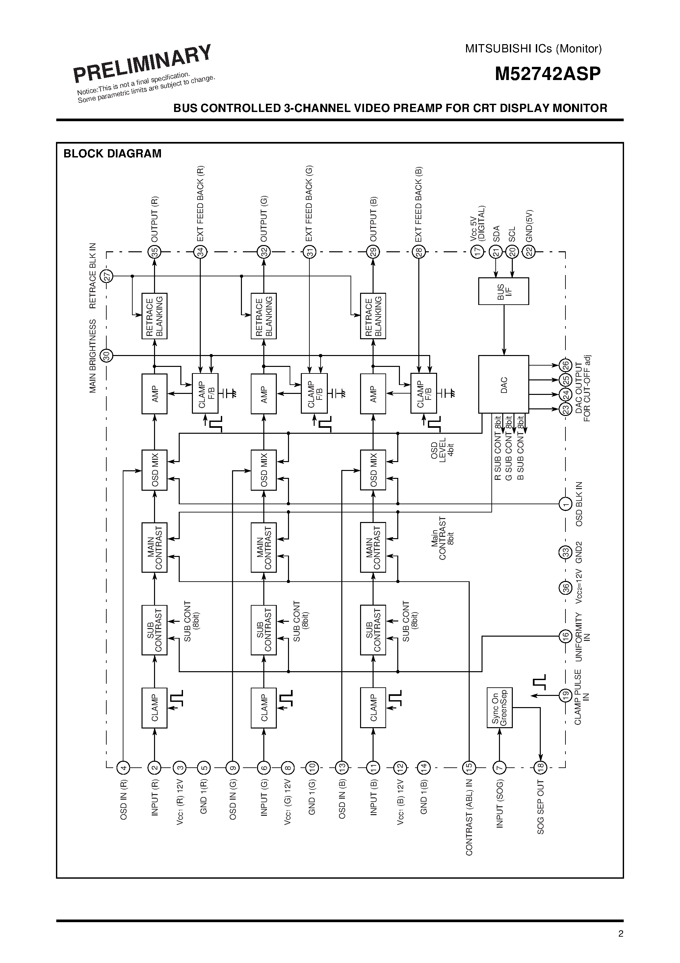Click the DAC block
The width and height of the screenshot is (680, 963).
click(504, 384)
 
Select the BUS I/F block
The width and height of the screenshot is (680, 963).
click(504, 291)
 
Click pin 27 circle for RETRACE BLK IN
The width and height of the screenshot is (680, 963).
click(107, 276)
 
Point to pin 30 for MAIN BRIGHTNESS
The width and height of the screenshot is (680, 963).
click(107, 356)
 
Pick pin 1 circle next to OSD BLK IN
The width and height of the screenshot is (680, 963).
click(565, 504)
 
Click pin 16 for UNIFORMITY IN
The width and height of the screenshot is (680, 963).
click(565, 636)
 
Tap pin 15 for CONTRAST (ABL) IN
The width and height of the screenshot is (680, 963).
click(469, 768)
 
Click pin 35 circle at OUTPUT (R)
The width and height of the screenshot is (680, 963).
click(154, 252)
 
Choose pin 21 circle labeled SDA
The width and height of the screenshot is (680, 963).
click(496, 252)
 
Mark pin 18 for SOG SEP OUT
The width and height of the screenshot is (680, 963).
click(540, 768)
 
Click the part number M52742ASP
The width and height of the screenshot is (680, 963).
click(547, 74)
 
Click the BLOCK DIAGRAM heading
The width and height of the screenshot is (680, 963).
click(112, 153)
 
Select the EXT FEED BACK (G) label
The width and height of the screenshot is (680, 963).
click(309, 204)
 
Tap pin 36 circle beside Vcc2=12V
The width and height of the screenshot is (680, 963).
click(565, 588)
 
